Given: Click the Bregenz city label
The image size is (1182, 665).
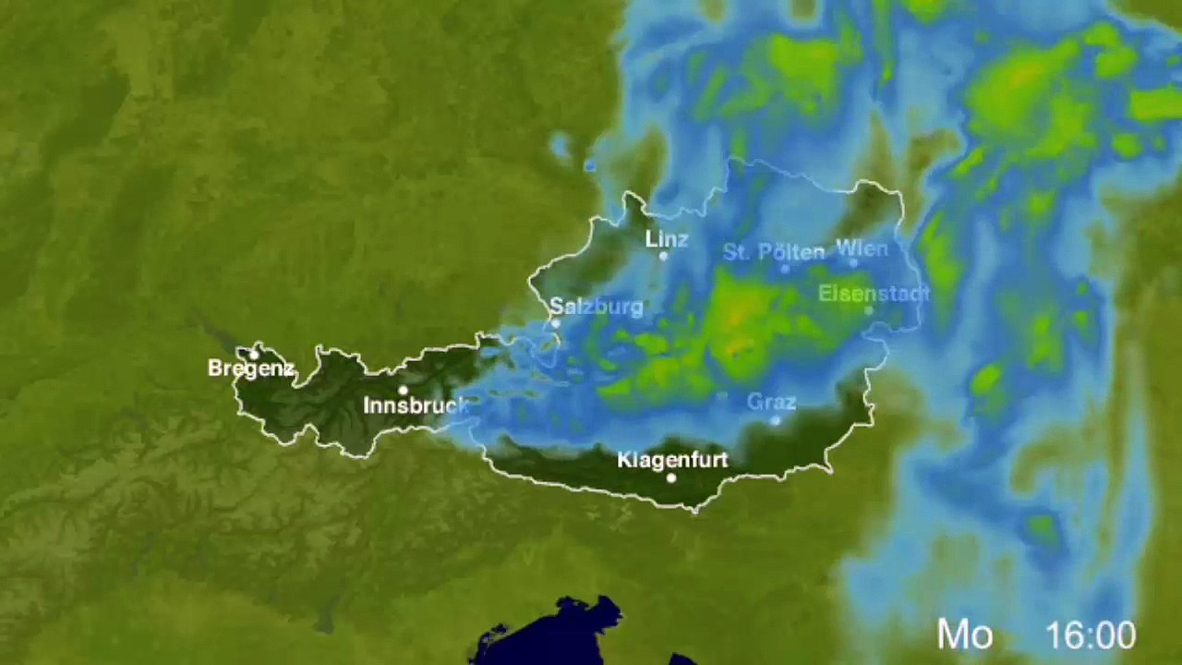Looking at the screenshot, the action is (250, 369).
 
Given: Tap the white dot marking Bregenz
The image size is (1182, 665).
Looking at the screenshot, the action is (254, 355).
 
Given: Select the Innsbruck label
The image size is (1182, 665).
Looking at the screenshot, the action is (415, 405).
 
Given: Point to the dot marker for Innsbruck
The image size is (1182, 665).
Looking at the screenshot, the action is (403, 391).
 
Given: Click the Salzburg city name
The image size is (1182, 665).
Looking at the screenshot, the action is (596, 307).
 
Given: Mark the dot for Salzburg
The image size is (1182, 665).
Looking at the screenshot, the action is (556, 324).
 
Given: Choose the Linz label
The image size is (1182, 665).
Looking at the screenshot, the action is (667, 239).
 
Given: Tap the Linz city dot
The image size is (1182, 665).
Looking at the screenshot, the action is (663, 256).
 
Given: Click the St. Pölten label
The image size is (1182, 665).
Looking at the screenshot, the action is (774, 251).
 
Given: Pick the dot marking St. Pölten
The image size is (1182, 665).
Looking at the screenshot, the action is (785, 269).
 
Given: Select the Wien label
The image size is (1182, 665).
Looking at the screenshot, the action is (862, 248).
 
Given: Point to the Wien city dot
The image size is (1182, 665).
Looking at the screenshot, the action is (853, 263).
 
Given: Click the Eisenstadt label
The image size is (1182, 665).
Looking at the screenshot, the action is (873, 294).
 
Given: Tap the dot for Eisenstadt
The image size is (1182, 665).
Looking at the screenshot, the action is (868, 310).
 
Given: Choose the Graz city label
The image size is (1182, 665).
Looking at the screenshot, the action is (771, 402).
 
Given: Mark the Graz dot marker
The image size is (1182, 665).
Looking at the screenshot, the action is (776, 420).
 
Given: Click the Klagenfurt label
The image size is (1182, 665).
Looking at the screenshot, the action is (672, 459).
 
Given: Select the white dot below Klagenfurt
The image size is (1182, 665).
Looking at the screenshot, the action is (671, 478).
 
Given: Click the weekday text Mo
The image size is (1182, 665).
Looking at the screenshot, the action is (965, 635).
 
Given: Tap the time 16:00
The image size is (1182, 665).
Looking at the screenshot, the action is (1091, 635).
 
